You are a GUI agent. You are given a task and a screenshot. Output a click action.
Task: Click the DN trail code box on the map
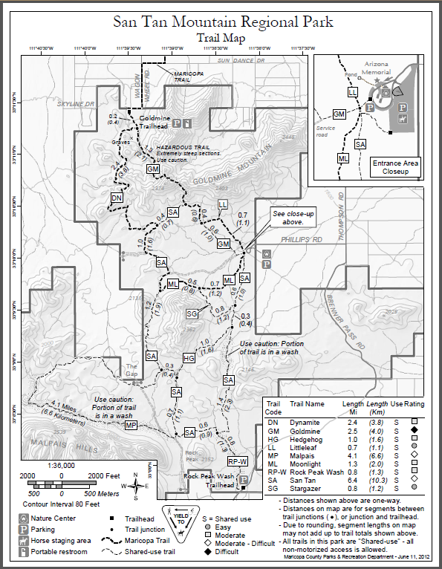(117, 198)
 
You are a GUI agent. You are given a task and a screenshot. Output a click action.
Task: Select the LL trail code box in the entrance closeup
(353, 91)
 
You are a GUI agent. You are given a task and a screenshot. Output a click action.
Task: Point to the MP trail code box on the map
(131, 425)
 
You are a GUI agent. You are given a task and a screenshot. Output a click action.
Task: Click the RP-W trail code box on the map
(237, 461)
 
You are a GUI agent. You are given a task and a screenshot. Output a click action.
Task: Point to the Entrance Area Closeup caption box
(396, 167)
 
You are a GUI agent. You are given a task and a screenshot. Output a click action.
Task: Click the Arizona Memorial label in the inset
(380, 69)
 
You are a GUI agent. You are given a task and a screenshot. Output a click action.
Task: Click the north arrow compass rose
(139, 487)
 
